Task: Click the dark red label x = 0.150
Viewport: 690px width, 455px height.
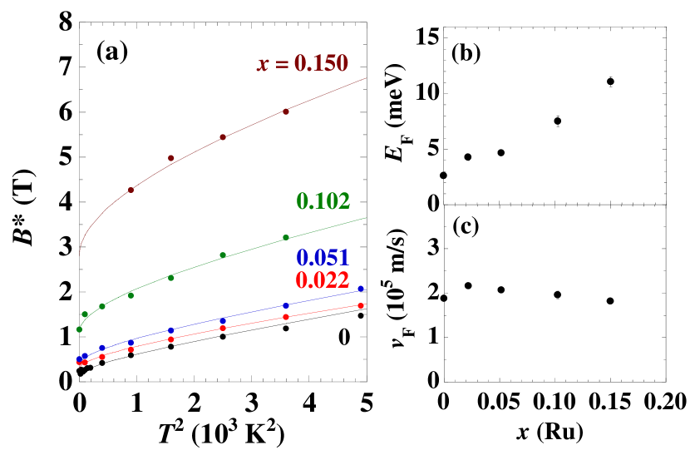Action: (302, 64)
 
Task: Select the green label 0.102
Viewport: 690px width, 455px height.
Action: (323, 200)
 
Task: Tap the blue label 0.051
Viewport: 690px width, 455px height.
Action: (322, 258)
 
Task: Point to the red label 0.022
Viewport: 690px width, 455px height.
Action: (322, 280)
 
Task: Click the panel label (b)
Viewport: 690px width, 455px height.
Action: (466, 54)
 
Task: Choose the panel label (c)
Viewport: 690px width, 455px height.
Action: (466, 226)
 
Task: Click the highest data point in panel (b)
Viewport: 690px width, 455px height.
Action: (610, 82)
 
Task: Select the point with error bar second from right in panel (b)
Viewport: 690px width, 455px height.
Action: (557, 121)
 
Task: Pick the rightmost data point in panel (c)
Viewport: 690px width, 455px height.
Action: (610, 301)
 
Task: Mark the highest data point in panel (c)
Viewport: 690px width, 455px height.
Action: (468, 285)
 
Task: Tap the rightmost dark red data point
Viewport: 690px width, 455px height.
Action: (286, 111)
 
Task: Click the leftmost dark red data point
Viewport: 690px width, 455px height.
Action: (131, 190)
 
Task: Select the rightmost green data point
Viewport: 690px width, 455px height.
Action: (286, 237)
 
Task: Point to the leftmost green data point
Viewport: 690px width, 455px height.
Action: (79, 329)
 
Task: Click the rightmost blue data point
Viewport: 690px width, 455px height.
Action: (361, 289)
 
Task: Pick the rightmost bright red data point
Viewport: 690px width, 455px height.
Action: (361, 305)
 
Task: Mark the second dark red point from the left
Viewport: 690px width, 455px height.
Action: (171, 158)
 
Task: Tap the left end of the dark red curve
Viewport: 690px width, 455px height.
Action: (79, 251)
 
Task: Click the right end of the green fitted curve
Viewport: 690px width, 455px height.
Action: (367, 217)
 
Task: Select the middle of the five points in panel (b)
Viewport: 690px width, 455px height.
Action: (501, 152)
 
